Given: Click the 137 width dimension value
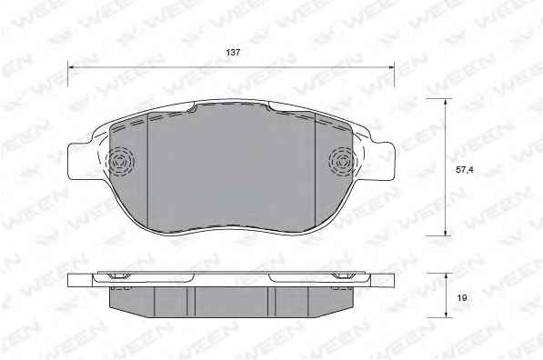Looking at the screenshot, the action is click(x=233, y=53).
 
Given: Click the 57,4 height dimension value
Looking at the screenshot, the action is click(x=465, y=170).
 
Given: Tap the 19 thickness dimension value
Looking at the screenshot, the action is click(x=462, y=297).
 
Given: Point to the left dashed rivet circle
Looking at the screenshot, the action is click(x=120, y=161).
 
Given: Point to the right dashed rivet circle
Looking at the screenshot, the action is click(x=342, y=161).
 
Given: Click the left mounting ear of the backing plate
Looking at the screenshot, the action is click(x=80, y=161).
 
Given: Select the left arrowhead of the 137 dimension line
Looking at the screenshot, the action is click(x=71, y=67).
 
